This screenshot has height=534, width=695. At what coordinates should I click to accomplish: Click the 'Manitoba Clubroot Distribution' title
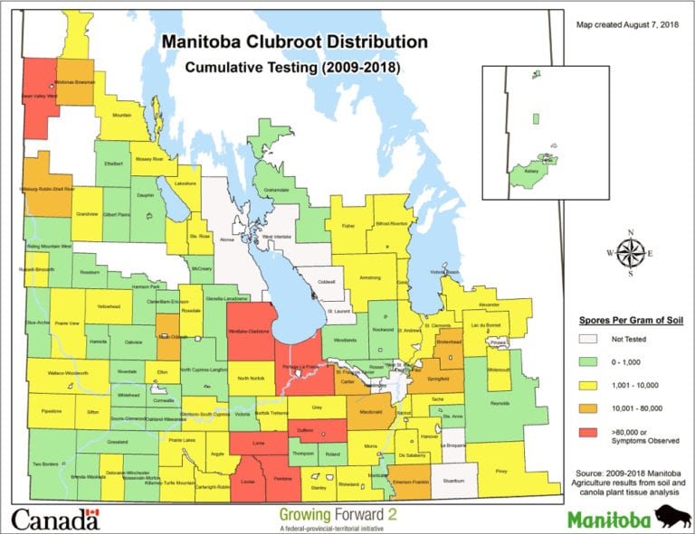coord(294,42)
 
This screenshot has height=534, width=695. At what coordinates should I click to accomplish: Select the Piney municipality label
coord(501,471)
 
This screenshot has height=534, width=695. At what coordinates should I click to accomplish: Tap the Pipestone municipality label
coord(50,410)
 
